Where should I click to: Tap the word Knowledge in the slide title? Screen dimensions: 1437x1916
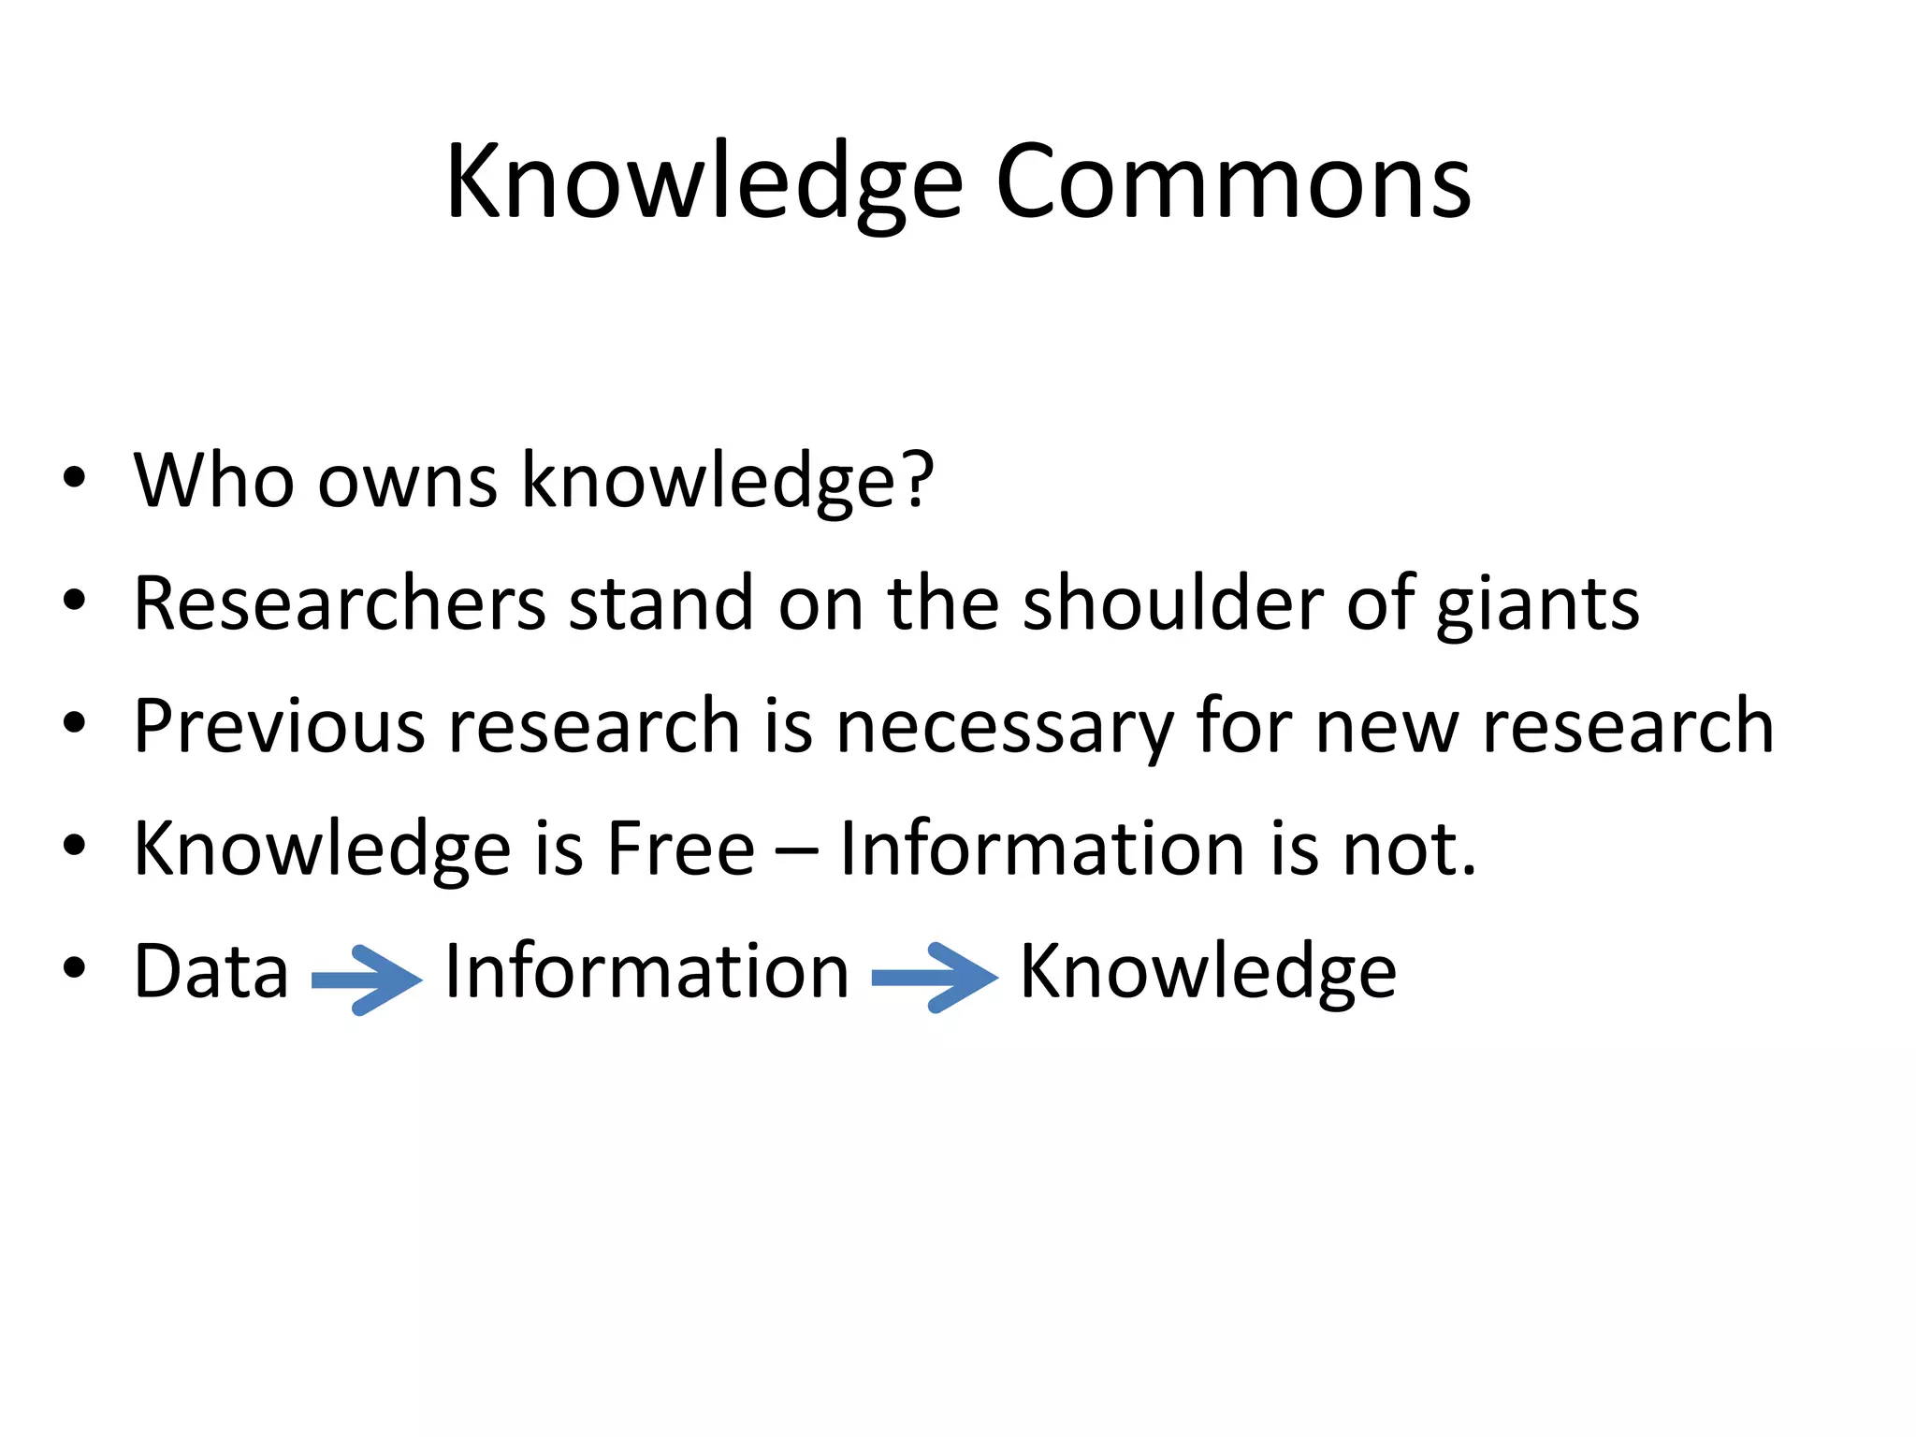pos(704,183)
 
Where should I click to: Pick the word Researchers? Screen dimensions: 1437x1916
pos(340,603)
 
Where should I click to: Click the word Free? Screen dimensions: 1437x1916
pos(680,849)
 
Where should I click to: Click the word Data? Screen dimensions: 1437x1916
pos(211,972)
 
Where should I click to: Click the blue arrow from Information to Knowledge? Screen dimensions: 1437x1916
pos(935,978)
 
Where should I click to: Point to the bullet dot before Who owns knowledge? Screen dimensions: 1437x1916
pos(75,478)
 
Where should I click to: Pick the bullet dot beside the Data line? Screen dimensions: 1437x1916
pos(75,969)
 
